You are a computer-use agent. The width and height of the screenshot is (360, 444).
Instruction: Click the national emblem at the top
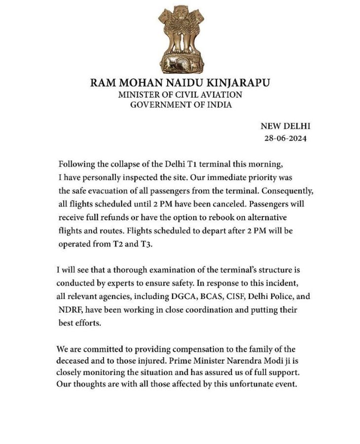click(x=180, y=39)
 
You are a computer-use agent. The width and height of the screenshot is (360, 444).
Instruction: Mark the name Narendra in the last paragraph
click(x=236, y=361)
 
